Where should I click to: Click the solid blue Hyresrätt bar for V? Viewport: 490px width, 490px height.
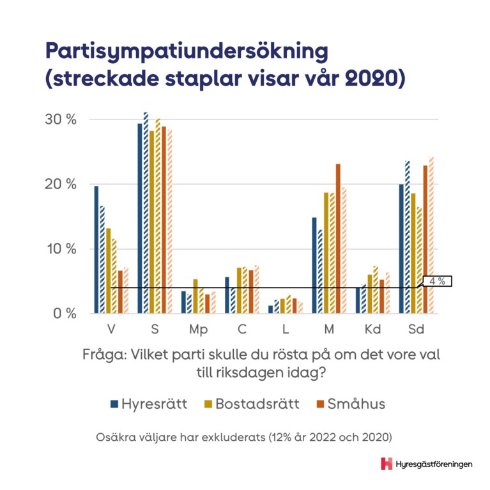click(96, 249)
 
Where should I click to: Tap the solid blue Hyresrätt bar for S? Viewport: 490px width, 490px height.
click(140, 218)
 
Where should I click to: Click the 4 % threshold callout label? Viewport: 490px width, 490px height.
click(438, 280)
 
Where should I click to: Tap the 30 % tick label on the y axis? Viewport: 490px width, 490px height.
click(61, 119)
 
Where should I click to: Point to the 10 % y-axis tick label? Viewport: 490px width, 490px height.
click(61, 249)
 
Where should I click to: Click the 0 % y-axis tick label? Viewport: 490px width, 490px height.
click(63, 314)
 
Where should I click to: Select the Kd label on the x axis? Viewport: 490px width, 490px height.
click(372, 330)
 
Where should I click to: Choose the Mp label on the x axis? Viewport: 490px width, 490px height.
click(197, 330)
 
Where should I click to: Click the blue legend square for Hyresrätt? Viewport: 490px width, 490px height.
click(114, 404)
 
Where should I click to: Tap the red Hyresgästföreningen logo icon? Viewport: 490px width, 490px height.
click(386, 464)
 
